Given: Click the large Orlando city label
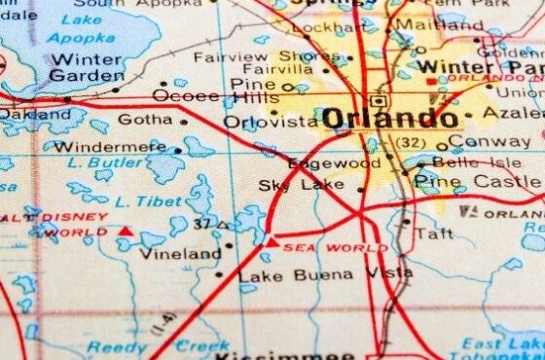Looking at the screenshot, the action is (x=389, y=120).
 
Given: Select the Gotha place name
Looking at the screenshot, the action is (x=144, y=120).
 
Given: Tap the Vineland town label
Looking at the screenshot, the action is (x=181, y=254).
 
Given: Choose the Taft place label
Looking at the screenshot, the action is (x=433, y=234).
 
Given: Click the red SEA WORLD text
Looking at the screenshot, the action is (x=322, y=248).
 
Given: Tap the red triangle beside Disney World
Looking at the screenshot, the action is (x=125, y=232).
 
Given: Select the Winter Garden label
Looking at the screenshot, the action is (x=86, y=65).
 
